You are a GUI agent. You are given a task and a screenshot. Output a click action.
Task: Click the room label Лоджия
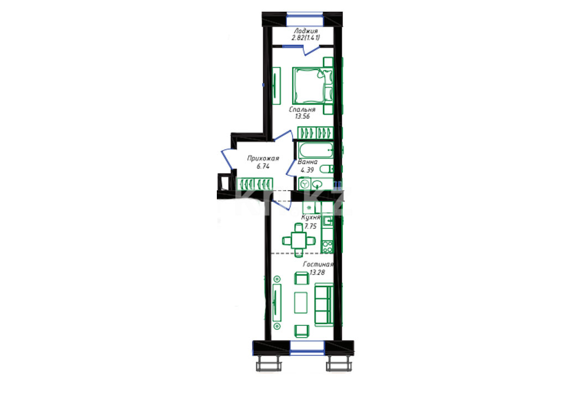point(306,31)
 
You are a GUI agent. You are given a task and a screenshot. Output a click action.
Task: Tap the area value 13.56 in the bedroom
point(302,116)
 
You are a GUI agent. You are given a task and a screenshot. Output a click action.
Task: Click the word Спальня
point(302,109)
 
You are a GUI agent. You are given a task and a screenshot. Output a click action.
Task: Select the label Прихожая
point(263,159)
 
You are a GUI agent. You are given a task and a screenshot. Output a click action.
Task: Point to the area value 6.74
point(263,166)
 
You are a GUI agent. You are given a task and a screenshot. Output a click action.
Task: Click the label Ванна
point(308,162)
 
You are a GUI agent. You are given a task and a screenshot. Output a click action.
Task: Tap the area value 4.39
point(307,170)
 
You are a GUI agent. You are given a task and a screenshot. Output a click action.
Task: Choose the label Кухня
point(311,217)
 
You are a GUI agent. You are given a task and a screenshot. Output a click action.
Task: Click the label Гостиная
point(318,264)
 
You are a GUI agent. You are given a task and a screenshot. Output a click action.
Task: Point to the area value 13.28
point(318,272)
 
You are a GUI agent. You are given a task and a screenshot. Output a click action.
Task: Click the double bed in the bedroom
point(313,86)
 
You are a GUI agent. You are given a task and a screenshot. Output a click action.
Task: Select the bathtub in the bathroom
point(316,150)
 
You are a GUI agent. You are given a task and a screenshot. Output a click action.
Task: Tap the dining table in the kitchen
point(299,239)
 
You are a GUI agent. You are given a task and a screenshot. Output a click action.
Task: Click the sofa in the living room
point(324,305)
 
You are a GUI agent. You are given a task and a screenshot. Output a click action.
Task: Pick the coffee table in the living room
point(301,303)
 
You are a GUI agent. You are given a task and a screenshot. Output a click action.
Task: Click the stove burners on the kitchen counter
point(327,247)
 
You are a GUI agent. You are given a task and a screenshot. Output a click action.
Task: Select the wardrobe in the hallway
point(256,184)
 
